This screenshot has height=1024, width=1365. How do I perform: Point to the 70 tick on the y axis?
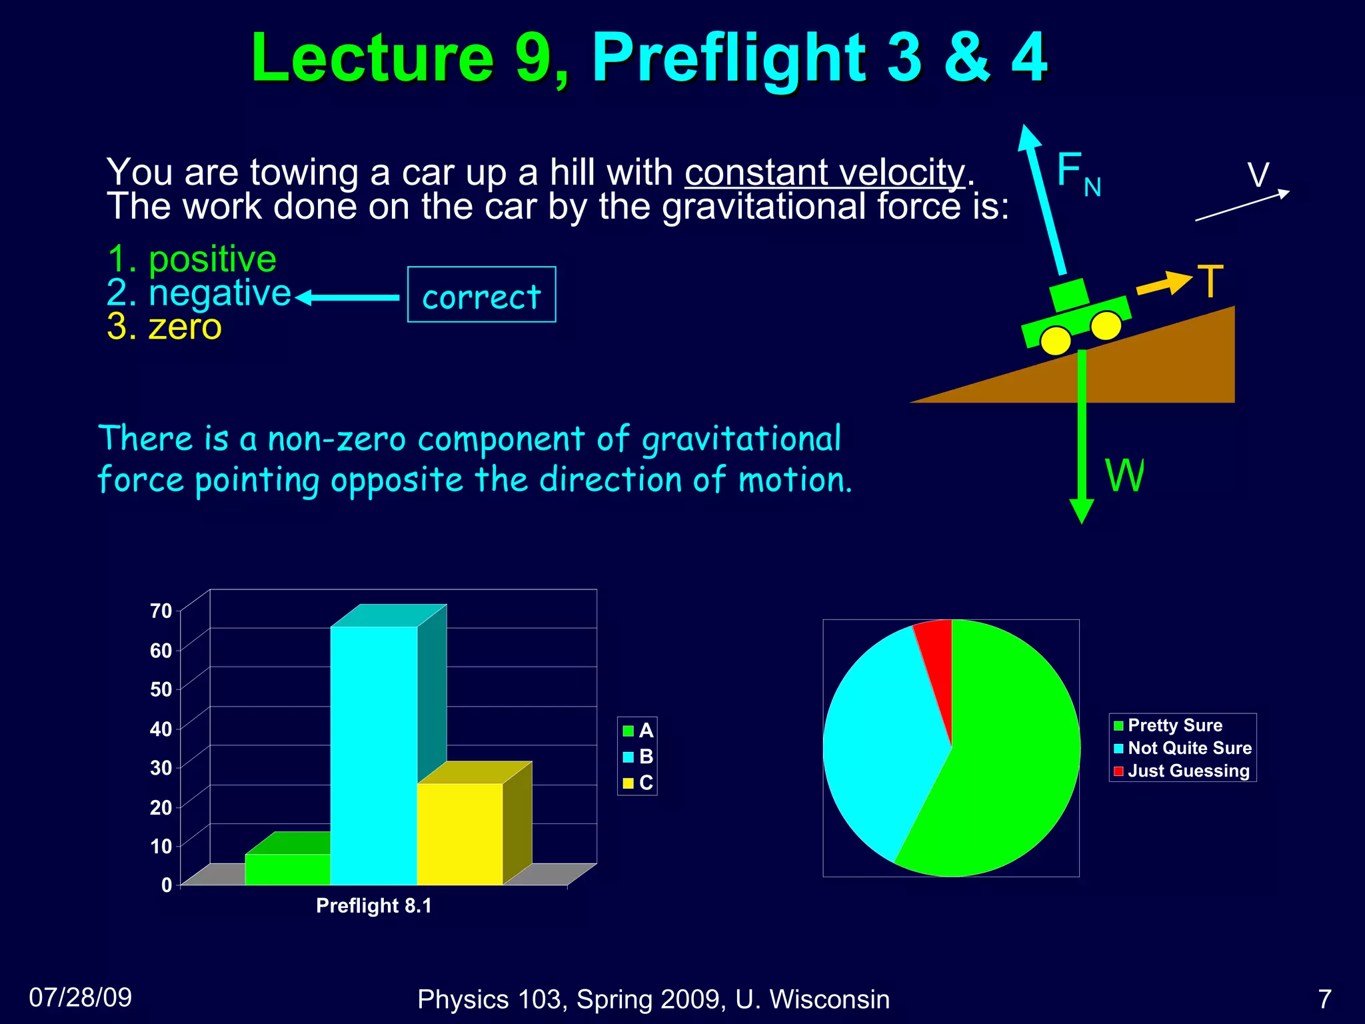161,611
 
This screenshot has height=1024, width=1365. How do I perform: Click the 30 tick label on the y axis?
161,768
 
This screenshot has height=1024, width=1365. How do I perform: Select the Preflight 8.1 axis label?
373,905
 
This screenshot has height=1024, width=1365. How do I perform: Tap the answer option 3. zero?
164,327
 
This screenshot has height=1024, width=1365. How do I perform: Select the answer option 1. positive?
192,259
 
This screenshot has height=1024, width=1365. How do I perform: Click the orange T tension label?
1210,281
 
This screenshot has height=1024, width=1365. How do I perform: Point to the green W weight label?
1124,475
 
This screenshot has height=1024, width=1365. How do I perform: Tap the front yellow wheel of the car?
1106,325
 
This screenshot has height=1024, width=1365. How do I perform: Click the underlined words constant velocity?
824,172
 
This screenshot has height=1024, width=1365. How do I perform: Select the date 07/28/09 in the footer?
81,997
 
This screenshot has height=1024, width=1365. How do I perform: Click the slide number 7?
1324,999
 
